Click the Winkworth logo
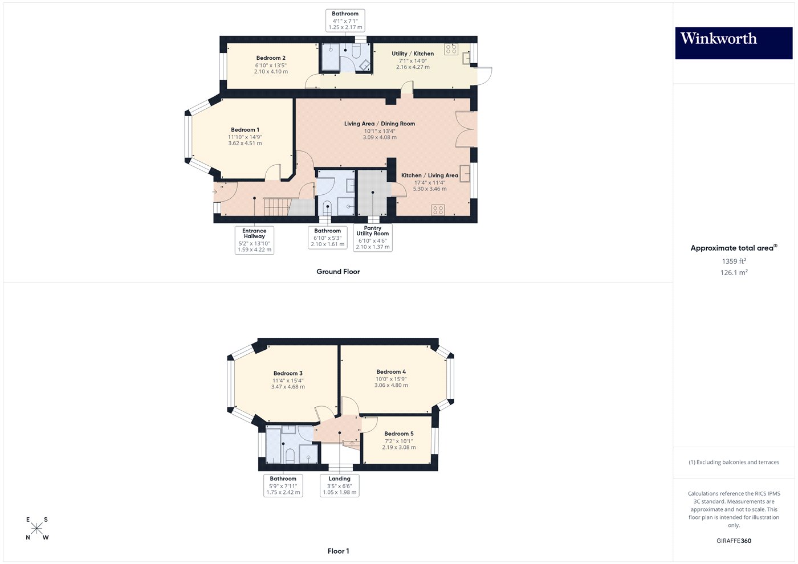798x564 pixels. click(x=734, y=43)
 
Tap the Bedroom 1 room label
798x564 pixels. click(x=245, y=130)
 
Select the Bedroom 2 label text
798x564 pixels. click(x=271, y=58)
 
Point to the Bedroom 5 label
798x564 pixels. click(x=399, y=434)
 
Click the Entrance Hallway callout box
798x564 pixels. click(x=254, y=240)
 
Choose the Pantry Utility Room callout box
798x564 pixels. click(x=373, y=238)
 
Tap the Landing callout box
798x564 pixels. click(x=340, y=485)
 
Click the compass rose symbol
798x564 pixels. click(x=37, y=528)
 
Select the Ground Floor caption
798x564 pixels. click(x=338, y=272)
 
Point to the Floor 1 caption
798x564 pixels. click(x=338, y=551)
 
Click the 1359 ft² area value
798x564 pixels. click(x=734, y=261)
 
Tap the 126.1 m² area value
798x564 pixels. click(x=734, y=272)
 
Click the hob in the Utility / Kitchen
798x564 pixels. click(x=451, y=49)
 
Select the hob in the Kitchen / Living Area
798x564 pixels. click(x=438, y=210)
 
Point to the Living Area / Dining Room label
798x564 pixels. click(x=380, y=124)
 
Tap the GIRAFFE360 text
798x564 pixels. click(x=734, y=541)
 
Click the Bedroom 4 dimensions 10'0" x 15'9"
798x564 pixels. click(x=391, y=379)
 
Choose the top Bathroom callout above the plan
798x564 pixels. click(x=345, y=21)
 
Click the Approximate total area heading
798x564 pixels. click(x=733, y=248)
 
